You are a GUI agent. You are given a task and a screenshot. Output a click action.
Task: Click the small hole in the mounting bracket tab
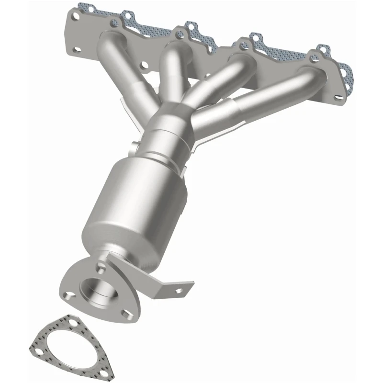tap(178, 291)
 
